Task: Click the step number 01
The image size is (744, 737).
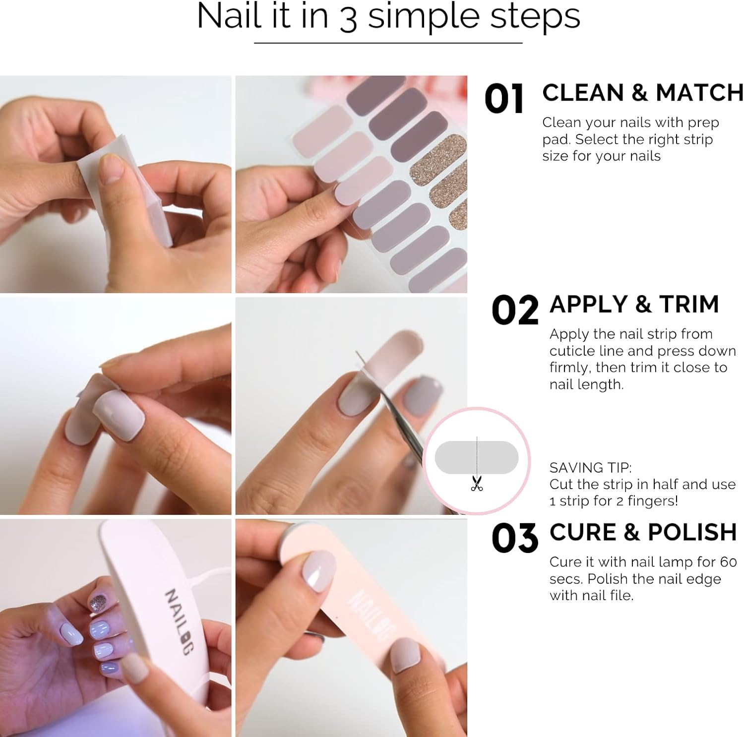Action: point(504,99)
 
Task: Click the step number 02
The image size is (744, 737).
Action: point(515,310)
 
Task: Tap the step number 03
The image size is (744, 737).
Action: point(515,538)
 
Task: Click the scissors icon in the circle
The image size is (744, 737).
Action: point(477,483)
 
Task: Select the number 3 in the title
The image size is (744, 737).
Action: point(349,19)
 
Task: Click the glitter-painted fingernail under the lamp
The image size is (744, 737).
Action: point(98,603)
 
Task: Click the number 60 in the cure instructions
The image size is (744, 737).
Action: point(728,562)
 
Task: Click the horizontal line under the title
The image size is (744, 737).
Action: point(388,43)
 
